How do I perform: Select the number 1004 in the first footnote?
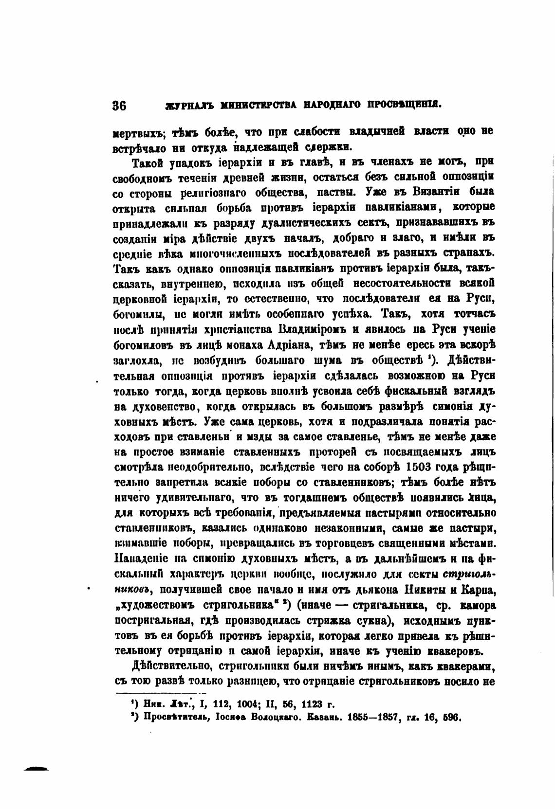pos(237,704)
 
